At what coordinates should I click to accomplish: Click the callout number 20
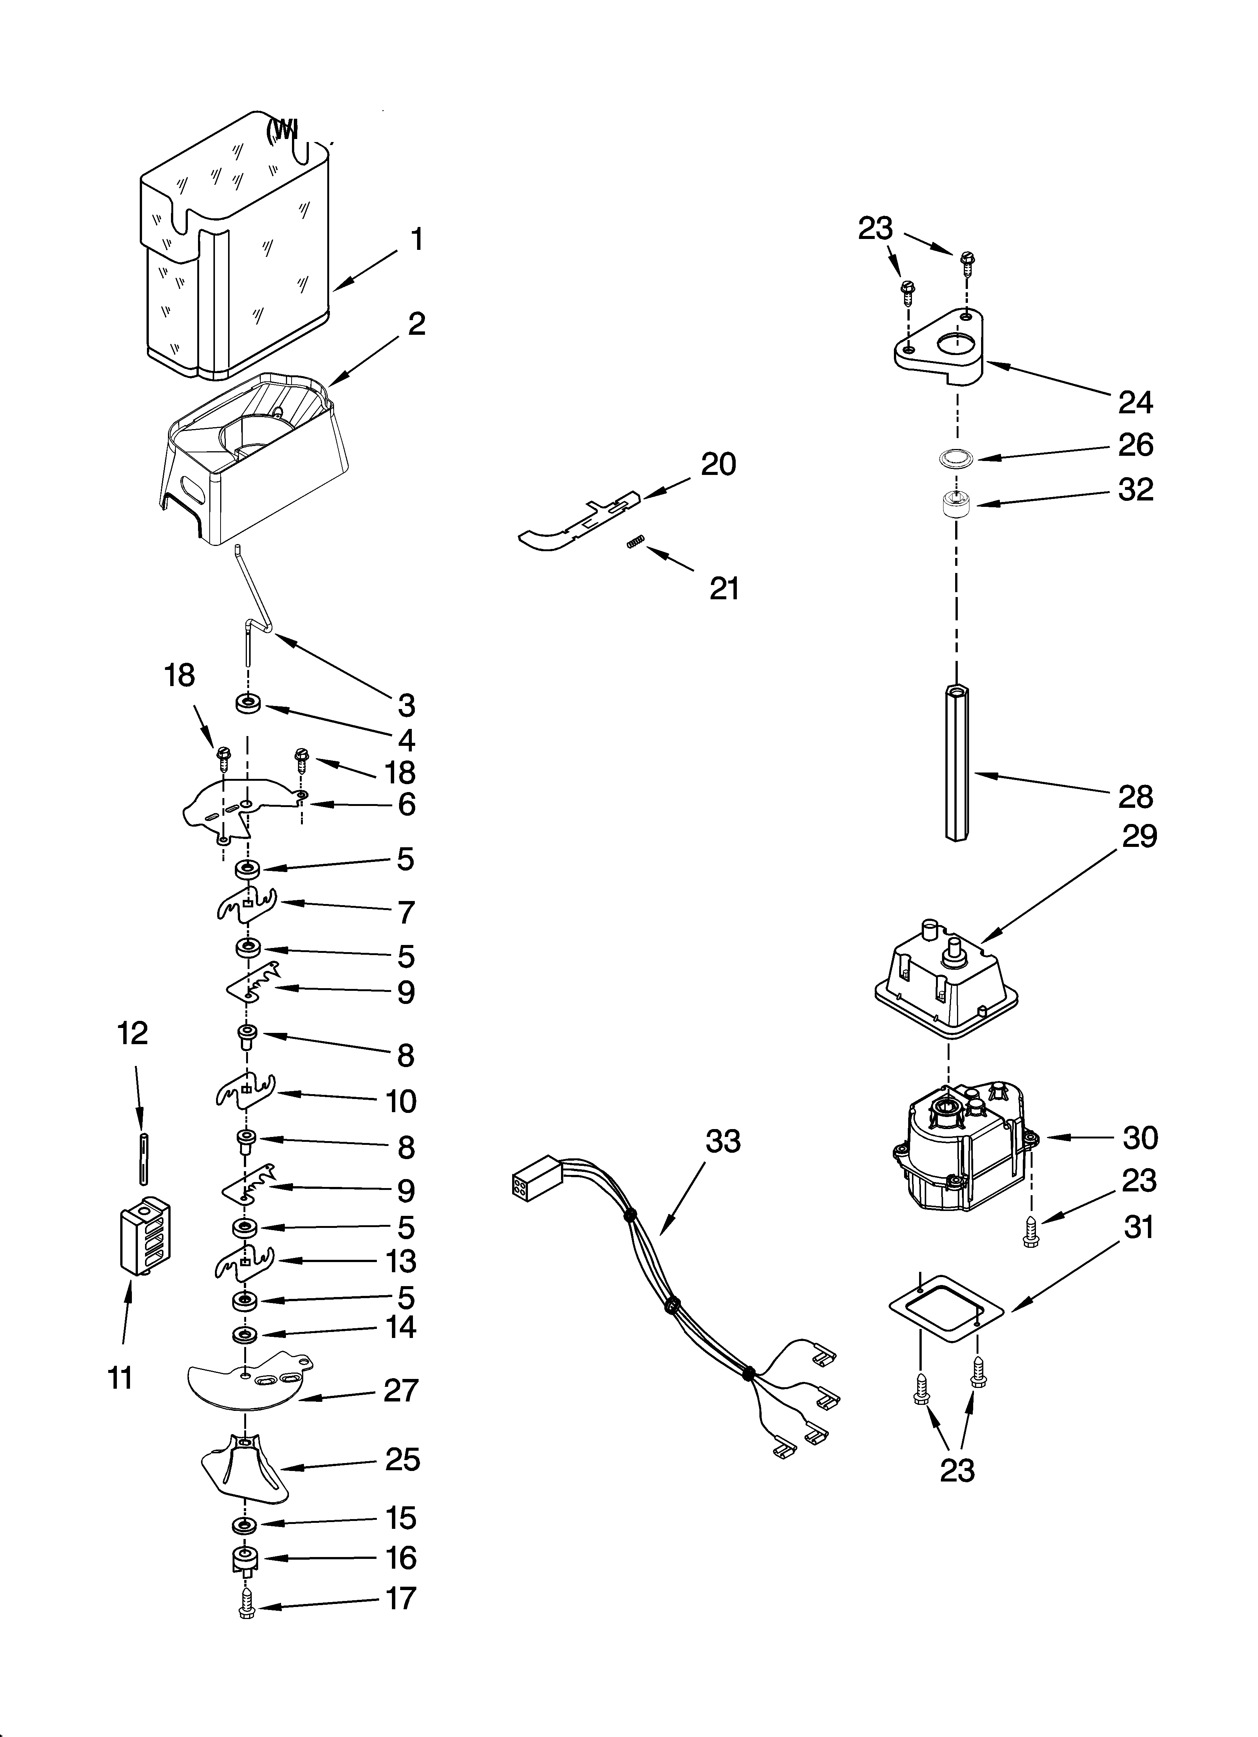tap(718, 464)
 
